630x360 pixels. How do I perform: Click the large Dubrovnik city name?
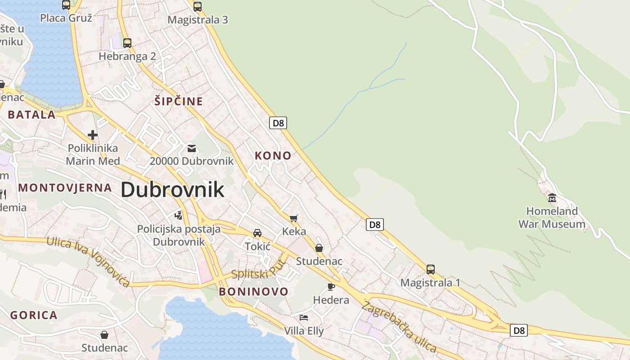[x=172, y=190]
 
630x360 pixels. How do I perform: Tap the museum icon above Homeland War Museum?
[x=552, y=198]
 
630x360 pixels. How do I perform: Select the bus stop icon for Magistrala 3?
[x=198, y=6]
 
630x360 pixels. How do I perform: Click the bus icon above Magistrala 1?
[x=431, y=270]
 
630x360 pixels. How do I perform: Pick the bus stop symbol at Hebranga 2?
[x=127, y=43]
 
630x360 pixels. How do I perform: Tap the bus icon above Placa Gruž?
[x=66, y=5]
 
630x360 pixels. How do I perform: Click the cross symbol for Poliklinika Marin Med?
[x=93, y=135]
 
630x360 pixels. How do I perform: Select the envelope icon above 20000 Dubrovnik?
[x=192, y=148]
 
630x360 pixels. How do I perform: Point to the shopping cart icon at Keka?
[x=294, y=219]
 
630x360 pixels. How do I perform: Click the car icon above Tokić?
[x=257, y=233]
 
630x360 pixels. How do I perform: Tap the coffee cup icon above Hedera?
[x=331, y=287]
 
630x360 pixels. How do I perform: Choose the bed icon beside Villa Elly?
[x=304, y=318]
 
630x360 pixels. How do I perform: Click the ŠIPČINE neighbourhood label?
[x=179, y=101]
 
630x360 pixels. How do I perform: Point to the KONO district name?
[x=273, y=156]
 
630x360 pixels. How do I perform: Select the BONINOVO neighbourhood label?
[x=253, y=292]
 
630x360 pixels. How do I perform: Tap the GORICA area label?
[x=34, y=315]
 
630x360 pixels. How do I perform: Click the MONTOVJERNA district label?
[x=65, y=188]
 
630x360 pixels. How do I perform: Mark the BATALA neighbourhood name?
[x=31, y=114]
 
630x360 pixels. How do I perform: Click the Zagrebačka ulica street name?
[x=399, y=327]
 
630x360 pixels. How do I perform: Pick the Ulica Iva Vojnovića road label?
[x=88, y=261]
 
